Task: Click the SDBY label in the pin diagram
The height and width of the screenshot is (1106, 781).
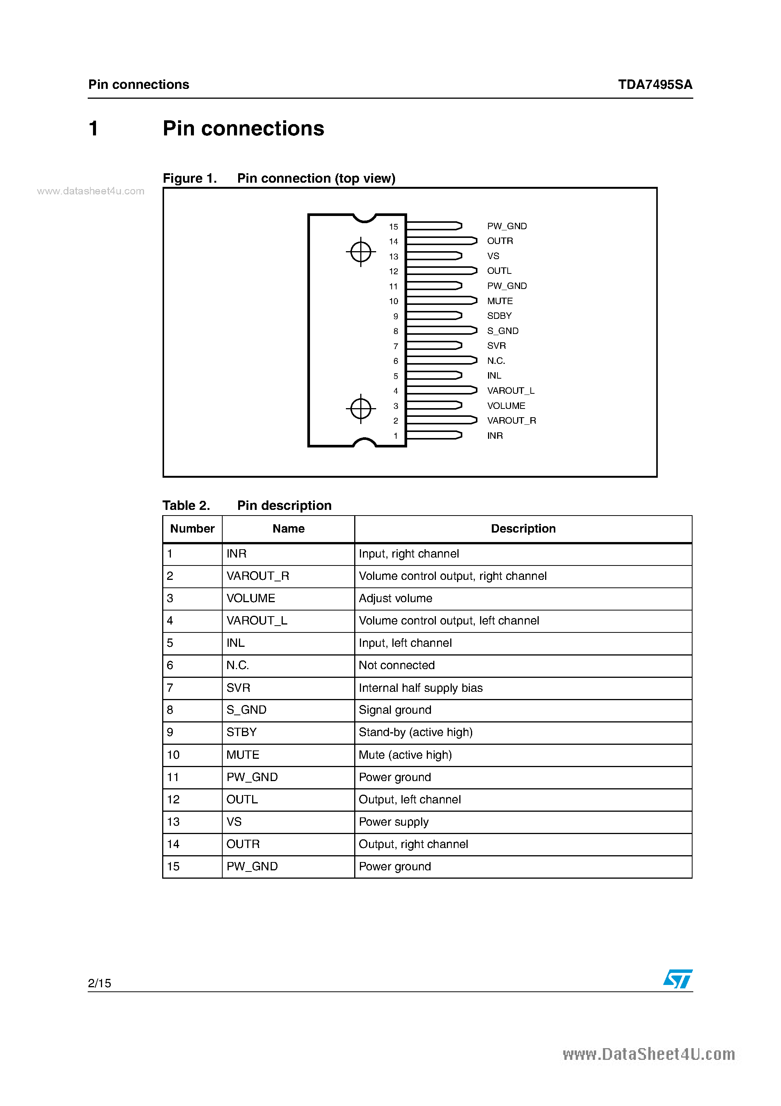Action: click(499, 316)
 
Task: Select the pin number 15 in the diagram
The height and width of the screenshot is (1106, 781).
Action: click(394, 227)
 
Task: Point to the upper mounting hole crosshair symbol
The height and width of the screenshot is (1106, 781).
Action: click(361, 252)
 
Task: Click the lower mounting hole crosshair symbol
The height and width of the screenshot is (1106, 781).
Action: click(361, 409)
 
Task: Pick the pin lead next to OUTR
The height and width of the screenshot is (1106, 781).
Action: click(441, 241)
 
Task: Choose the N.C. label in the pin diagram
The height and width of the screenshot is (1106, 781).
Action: click(496, 361)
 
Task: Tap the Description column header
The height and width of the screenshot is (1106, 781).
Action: click(523, 529)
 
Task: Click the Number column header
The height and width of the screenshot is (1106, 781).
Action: click(192, 529)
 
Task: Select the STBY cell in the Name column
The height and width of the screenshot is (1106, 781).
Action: click(241, 732)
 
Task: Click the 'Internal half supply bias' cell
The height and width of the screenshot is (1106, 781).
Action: click(420, 688)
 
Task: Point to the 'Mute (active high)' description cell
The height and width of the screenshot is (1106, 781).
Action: click(405, 755)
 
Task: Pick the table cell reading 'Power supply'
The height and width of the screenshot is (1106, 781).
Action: click(394, 822)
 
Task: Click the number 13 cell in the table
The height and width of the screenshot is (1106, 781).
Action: click(174, 822)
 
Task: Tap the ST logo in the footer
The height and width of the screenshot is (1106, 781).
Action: click(677, 979)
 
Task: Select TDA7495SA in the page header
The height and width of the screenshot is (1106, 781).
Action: click(655, 85)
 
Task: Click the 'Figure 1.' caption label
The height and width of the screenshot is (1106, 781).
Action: click(190, 179)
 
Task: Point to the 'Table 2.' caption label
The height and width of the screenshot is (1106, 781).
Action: click(186, 505)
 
